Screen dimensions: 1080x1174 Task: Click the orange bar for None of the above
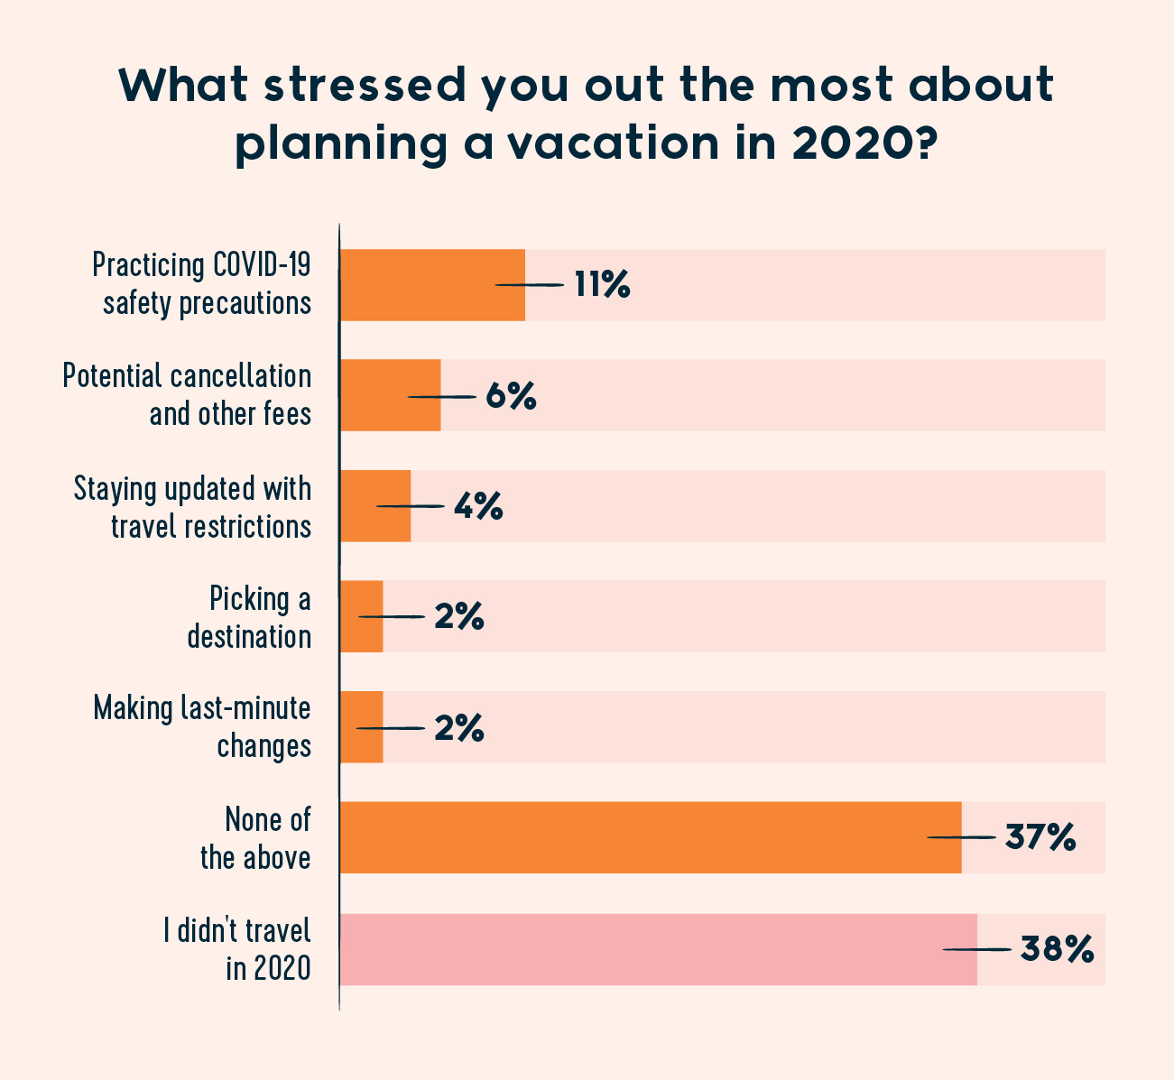pos(650,837)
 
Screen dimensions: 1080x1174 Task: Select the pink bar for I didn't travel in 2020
pos(658,949)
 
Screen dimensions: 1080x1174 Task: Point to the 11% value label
pos(602,285)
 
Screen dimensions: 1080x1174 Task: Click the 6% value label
pos(511,396)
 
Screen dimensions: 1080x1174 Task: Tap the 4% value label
pos(477,506)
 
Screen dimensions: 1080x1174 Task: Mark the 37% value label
pos(1040,837)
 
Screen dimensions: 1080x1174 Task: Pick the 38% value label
pos(1057,949)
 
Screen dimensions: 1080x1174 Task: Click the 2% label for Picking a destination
pos(458,617)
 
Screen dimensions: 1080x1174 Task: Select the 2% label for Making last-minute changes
pos(458,728)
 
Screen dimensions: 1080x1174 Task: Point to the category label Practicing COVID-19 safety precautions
pos(203,283)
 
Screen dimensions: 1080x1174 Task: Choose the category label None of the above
pos(256,837)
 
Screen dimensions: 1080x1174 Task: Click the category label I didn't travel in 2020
pos(237,948)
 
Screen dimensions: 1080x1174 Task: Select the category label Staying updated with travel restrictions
pos(193,506)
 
